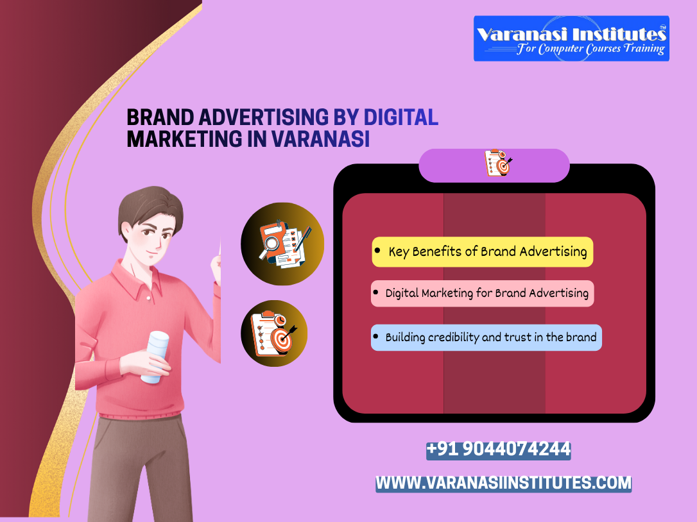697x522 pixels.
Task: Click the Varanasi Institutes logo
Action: (571, 38)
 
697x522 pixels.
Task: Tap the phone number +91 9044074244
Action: (498, 450)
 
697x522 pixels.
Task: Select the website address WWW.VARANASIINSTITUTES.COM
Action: (503, 483)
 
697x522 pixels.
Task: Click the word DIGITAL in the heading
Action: (401, 117)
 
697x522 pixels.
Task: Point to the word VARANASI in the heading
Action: (321, 139)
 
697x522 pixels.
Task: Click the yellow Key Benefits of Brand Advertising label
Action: (483, 251)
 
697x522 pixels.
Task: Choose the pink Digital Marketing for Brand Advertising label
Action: (483, 293)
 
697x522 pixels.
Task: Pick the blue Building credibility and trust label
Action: (486, 337)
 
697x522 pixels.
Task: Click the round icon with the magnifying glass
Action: (282, 244)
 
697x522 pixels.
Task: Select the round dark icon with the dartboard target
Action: (274, 333)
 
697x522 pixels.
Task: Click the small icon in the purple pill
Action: (498, 164)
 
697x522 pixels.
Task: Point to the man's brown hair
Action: (148, 205)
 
